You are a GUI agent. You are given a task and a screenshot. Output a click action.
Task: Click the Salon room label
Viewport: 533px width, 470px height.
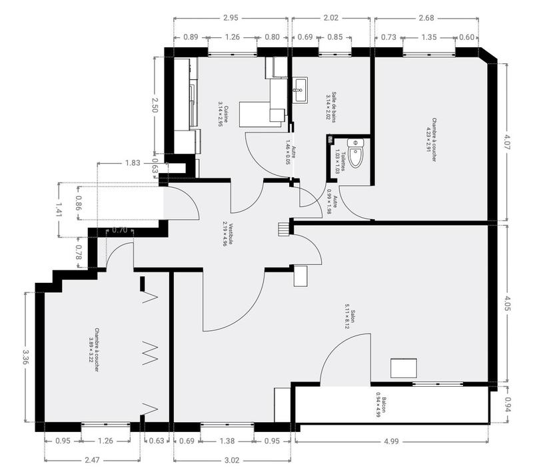[x=350, y=320]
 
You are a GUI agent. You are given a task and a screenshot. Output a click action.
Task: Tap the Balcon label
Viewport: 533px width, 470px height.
[x=380, y=408]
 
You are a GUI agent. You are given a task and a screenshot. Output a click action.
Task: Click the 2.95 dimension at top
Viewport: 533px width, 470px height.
[x=232, y=17]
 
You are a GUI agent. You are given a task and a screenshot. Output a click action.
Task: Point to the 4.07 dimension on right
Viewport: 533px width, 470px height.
[x=507, y=141]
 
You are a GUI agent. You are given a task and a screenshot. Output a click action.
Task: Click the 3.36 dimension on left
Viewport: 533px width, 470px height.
[x=25, y=357]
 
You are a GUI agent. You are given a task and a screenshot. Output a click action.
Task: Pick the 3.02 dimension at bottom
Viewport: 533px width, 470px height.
[x=232, y=459]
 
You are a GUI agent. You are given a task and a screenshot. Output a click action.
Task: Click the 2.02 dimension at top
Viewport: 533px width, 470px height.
[x=331, y=17]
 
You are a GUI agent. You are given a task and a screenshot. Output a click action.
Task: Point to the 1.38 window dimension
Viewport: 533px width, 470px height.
[x=227, y=441]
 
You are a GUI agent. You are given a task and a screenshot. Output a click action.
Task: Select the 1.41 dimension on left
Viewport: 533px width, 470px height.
[x=59, y=209]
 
